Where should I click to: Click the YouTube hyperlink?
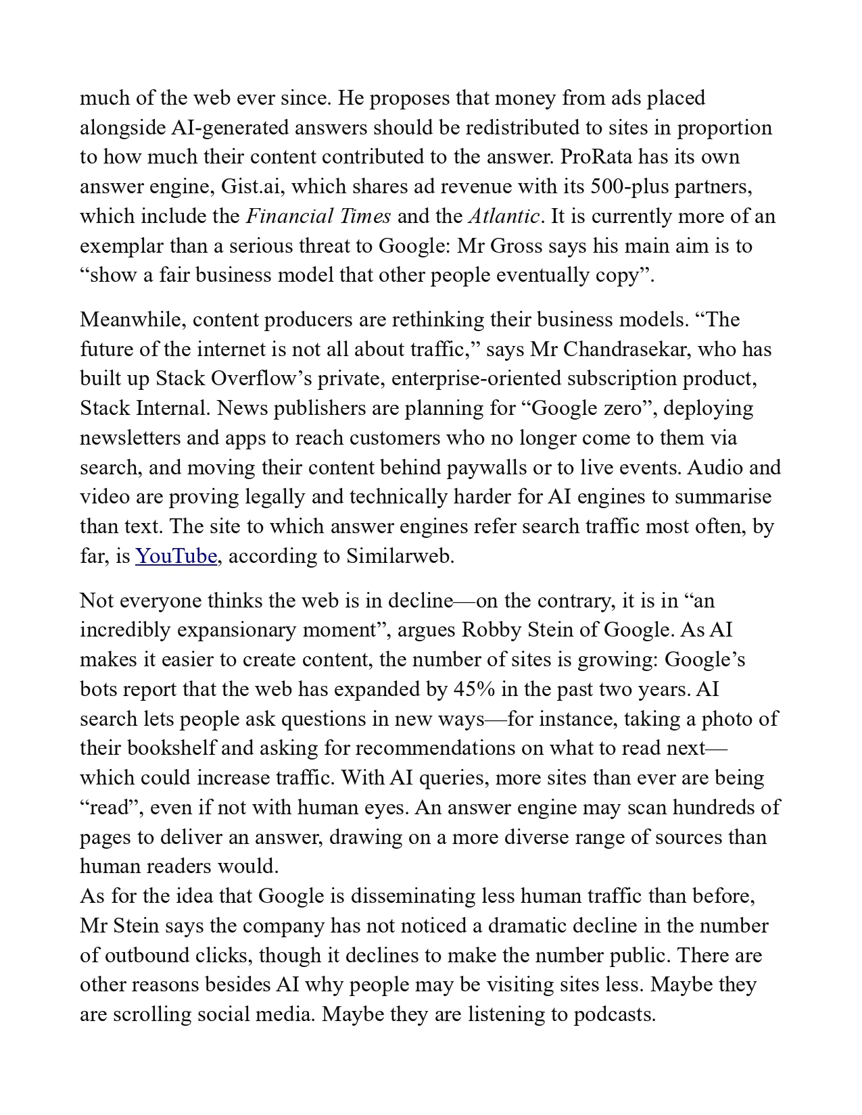(176, 556)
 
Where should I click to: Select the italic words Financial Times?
(318, 216)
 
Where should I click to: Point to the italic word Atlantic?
(504, 216)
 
